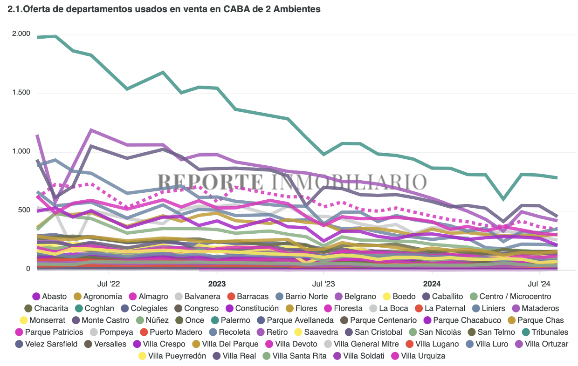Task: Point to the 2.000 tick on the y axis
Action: point(21,34)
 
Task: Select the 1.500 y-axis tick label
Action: point(21,93)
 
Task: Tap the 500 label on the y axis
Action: point(24,210)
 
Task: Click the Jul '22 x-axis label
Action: point(109,283)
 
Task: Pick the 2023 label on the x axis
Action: point(216,283)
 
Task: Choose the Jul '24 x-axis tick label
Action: point(539,283)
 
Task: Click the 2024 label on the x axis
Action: point(432,283)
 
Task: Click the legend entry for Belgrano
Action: point(360,296)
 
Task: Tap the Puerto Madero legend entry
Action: point(176,332)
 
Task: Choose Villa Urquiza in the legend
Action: point(423,356)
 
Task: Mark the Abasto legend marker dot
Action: point(36,297)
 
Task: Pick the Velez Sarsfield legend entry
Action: point(52,344)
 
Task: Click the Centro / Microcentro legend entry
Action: point(515,296)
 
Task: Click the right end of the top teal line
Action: point(557,177)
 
